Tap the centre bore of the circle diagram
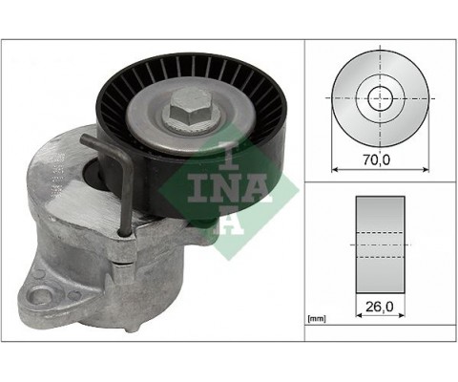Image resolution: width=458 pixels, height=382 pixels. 380,96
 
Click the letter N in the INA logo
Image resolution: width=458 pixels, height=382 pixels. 223,189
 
